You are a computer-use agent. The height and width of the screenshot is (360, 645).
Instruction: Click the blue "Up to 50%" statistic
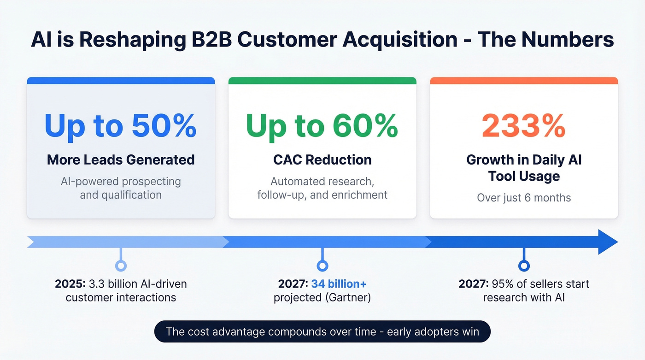pyautogui.click(x=121, y=125)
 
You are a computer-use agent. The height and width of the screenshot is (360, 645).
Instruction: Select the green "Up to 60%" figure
pyautogui.click(x=322, y=125)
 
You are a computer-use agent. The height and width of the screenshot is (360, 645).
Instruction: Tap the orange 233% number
pyautogui.click(x=524, y=125)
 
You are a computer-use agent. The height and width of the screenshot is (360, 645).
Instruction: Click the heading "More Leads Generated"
pyautogui.click(x=121, y=160)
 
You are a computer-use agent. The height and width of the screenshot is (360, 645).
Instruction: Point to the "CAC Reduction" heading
pyautogui.click(x=322, y=160)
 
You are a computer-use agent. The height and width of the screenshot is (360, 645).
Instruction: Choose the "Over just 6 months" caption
pyautogui.click(x=524, y=198)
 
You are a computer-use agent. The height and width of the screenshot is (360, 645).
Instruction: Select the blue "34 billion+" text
pyautogui.click(x=339, y=283)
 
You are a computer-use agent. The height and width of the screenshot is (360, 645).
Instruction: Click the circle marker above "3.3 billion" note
pyautogui.click(x=121, y=266)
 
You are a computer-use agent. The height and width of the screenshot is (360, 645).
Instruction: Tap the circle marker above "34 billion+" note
pyautogui.click(x=322, y=266)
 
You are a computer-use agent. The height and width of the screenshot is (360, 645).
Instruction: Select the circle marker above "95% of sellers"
pyautogui.click(x=524, y=266)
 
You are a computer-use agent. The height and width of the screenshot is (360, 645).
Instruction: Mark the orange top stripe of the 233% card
pyautogui.click(x=524, y=81)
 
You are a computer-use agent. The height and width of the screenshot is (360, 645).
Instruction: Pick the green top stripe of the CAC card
pyautogui.click(x=322, y=81)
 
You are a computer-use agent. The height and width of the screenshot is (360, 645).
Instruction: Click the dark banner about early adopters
pyautogui.click(x=322, y=331)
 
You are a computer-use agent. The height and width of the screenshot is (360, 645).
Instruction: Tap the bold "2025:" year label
pyautogui.click(x=68, y=283)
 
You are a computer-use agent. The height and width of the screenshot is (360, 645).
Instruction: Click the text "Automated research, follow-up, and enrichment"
pyautogui.click(x=322, y=188)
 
